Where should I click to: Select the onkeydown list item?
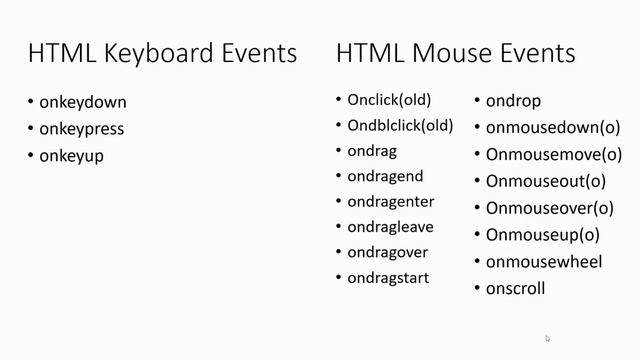83,102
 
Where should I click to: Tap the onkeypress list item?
82,129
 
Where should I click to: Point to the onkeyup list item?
72,156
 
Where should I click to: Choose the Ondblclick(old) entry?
400,125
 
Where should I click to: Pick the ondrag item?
372,151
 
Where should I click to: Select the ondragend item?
385,176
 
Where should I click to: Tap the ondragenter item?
391,202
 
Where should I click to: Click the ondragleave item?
390,227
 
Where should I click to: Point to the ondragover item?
388,252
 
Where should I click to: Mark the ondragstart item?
388,277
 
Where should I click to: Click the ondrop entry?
513,101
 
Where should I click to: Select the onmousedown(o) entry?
553,128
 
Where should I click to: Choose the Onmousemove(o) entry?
554,155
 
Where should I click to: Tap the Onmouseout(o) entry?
546,181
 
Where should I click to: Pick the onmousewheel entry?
544,262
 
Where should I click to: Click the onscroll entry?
515,289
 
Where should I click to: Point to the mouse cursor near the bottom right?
548,339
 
